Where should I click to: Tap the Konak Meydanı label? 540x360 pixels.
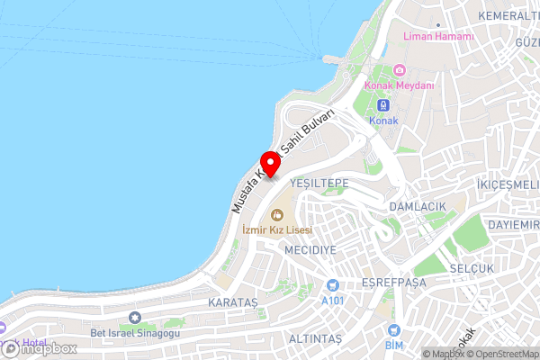click(400, 85)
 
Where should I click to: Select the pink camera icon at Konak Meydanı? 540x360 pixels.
click(400, 70)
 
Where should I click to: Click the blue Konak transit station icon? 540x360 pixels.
click(383, 105)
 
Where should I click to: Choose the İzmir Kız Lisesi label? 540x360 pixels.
click(277, 229)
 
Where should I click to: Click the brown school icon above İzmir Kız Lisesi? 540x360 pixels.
click(277, 214)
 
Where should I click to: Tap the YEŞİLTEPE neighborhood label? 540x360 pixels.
click(319, 183)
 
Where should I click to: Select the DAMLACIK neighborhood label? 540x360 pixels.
click(418, 206)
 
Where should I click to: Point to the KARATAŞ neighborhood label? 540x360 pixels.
click(232, 301)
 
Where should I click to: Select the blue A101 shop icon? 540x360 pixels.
click(333, 286)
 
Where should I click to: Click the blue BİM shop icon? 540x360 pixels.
click(393, 330)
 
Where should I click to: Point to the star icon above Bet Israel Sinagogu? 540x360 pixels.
click(136, 317)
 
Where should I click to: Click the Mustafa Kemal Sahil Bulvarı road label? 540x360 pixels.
click(282, 161)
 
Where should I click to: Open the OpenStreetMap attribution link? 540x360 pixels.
click(501, 354)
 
